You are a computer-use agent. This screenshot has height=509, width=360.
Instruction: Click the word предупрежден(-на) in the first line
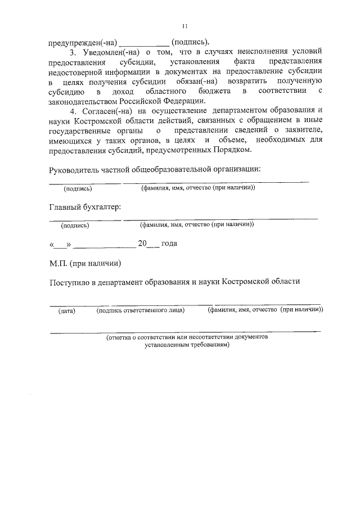click(x=83, y=42)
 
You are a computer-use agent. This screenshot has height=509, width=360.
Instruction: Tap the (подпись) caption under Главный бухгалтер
click(x=75, y=225)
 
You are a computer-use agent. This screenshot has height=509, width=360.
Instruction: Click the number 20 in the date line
click(x=142, y=244)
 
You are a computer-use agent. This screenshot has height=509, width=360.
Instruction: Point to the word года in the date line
click(x=169, y=244)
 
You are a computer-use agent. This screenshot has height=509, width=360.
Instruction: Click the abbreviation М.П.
click(x=58, y=263)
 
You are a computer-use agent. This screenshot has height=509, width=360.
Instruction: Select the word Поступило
click(x=70, y=282)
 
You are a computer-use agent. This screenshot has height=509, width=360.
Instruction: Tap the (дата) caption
click(x=66, y=310)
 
